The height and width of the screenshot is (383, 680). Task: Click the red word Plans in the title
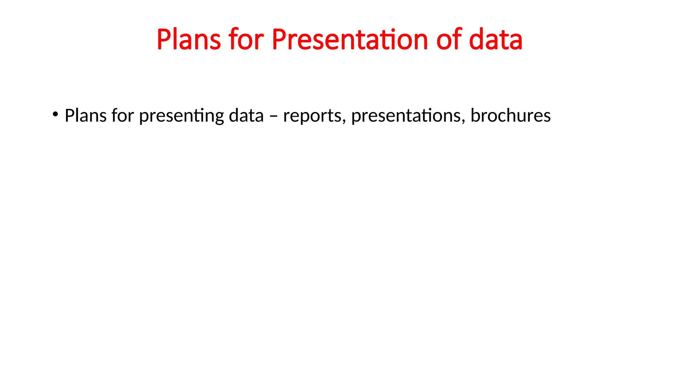[189, 40]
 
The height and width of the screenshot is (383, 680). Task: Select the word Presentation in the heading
[350, 40]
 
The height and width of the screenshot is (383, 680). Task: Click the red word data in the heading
[496, 40]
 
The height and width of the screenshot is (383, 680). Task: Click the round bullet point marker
[55, 115]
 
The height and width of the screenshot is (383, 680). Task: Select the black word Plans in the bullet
[85, 116]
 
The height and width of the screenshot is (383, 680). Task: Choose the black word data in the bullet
[246, 116]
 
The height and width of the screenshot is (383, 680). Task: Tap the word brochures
[511, 116]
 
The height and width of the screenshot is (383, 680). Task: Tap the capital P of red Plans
[164, 40]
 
